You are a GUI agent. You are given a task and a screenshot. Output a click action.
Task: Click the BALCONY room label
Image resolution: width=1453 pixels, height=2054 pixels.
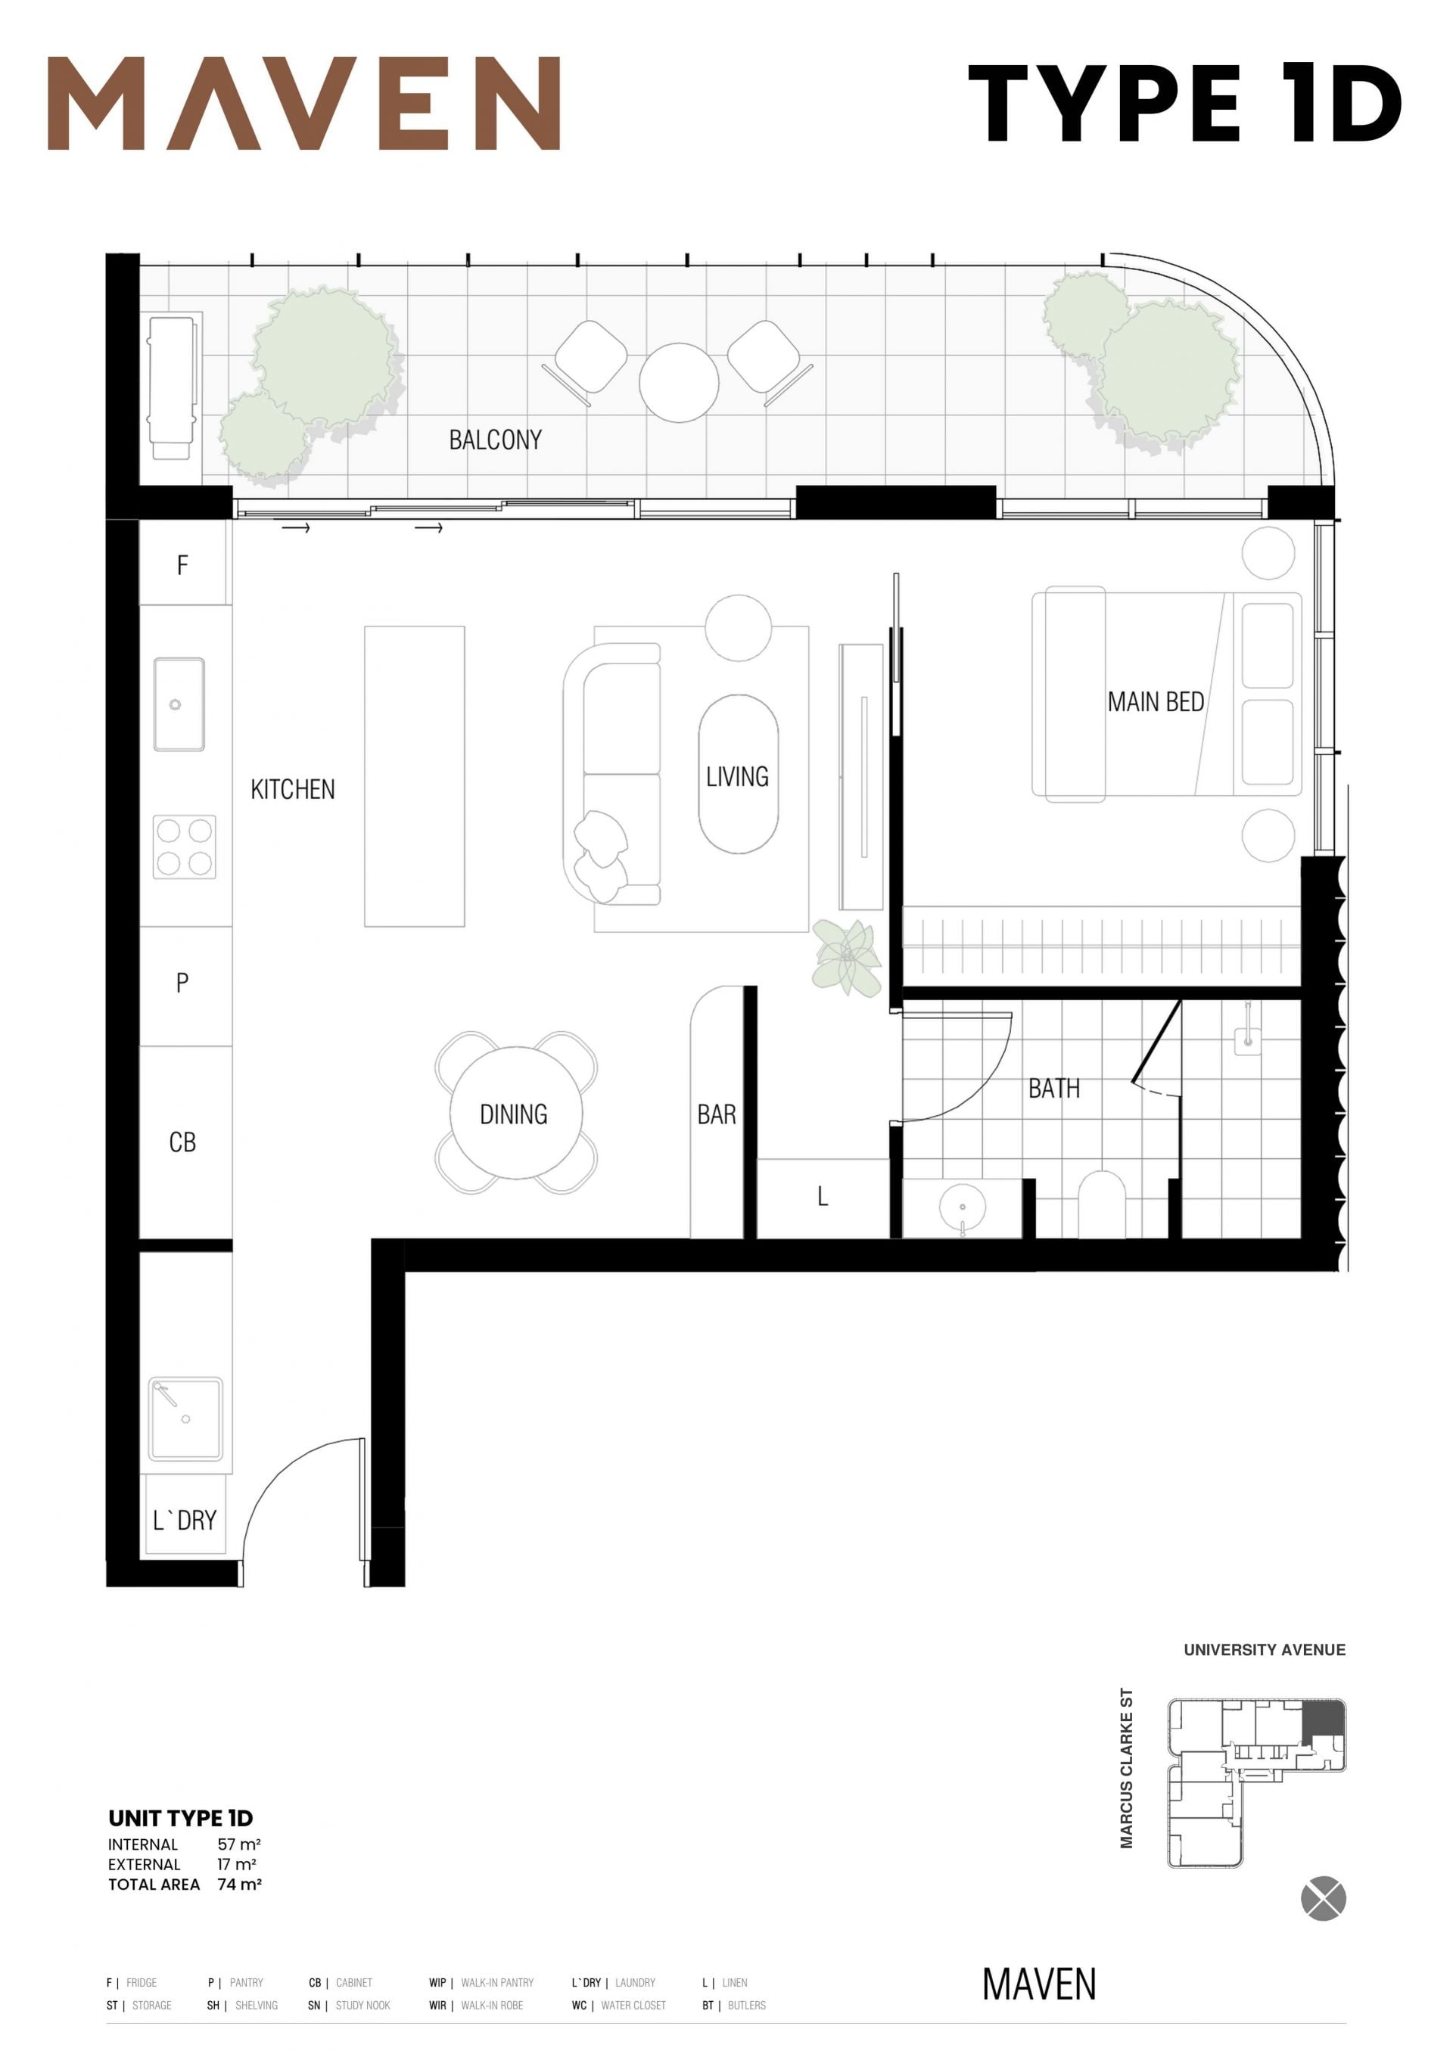(x=495, y=440)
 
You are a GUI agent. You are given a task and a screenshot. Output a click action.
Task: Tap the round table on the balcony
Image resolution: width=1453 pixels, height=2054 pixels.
(x=678, y=382)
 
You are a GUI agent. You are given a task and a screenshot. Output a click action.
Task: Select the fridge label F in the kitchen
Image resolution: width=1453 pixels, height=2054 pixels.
(x=182, y=564)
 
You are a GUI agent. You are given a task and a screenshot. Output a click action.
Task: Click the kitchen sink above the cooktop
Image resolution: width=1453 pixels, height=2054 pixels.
(x=179, y=704)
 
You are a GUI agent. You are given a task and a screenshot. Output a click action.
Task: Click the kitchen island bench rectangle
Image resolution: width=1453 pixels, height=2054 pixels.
(x=414, y=775)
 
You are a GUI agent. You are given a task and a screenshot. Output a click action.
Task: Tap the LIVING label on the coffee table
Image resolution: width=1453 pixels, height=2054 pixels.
(x=737, y=775)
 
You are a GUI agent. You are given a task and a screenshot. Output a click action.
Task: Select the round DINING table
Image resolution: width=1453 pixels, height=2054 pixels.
(x=516, y=1112)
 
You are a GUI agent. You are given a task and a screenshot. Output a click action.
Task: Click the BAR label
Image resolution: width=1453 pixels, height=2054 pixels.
(x=717, y=1114)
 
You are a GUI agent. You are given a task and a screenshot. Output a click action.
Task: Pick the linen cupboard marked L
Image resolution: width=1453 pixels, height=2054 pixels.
(x=823, y=1198)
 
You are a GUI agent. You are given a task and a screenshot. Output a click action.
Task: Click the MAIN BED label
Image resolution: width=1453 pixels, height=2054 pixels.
(x=1155, y=701)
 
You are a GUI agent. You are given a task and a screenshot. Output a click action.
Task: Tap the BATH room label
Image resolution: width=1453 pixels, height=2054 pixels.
(x=1054, y=1088)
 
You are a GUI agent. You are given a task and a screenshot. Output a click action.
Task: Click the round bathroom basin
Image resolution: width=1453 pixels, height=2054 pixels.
(x=963, y=1206)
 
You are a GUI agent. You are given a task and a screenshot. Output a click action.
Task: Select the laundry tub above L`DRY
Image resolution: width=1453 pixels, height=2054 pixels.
(x=185, y=1418)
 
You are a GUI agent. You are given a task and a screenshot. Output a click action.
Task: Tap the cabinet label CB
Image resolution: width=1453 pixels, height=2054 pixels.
(x=182, y=1142)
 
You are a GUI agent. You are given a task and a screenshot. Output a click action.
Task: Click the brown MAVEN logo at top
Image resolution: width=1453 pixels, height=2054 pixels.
(x=304, y=103)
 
